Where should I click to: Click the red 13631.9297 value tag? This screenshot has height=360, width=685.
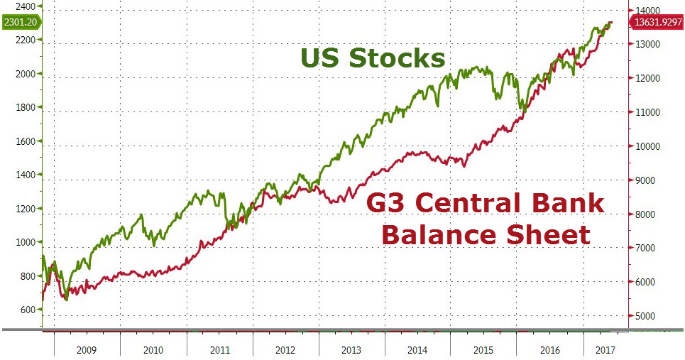[655, 23]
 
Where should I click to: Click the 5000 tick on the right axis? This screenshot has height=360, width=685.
[646, 316]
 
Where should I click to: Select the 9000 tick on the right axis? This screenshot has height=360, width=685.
[646, 180]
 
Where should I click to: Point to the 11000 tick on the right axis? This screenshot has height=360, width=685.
[648, 112]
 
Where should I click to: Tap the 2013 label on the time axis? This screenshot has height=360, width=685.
[351, 349]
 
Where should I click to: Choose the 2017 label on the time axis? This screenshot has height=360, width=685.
[605, 349]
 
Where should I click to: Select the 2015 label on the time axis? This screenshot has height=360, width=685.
[483, 349]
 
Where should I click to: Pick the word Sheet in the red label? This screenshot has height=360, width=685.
[548, 234]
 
